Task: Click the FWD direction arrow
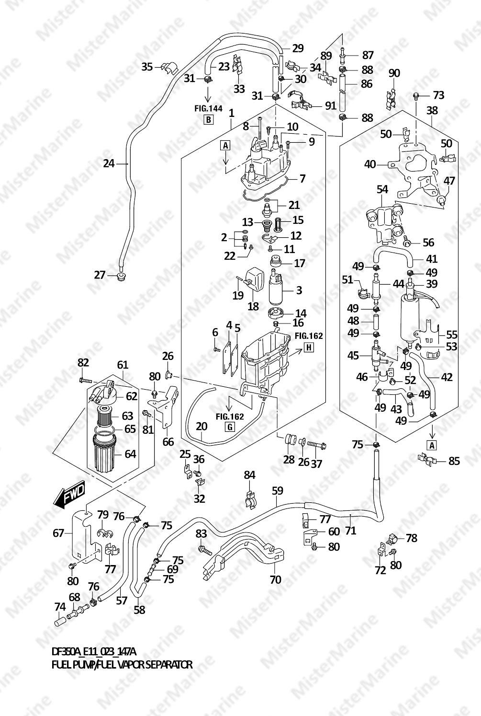coord(69,495)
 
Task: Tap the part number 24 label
coord(109,163)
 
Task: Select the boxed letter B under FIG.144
coord(208,120)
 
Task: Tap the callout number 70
coord(276,579)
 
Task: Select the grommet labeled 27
coord(121,277)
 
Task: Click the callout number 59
coord(278,491)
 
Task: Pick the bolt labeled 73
coord(416,95)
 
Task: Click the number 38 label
coord(432,111)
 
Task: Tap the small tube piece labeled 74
coord(60,622)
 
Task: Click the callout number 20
coord(201,426)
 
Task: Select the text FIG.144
coord(208,109)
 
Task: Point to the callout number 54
coord(382,189)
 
